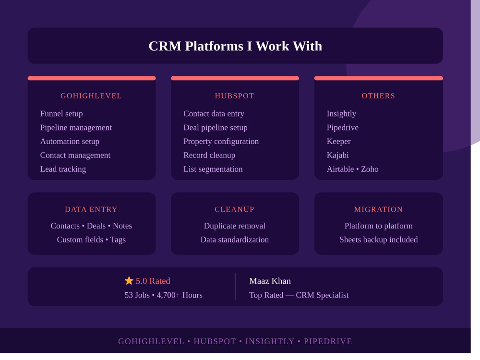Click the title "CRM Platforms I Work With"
click(x=235, y=46)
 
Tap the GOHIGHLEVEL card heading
click(x=91, y=96)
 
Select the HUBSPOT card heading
click(x=235, y=96)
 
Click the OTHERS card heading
click(x=378, y=96)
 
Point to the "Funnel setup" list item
click(x=61, y=114)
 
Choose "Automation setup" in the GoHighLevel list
click(x=70, y=142)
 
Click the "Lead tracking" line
click(x=63, y=169)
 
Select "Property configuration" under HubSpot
click(x=221, y=142)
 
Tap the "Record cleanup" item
click(x=209, y=155)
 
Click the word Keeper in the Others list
click(x=338, y=142)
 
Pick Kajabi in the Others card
click(x=337, y=155)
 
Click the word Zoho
click(x=370, y=169)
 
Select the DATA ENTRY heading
click(x=91, y=209)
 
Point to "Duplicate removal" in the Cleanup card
click(x=235, y=226)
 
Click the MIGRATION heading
click(x=378, y=209)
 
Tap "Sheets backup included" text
click(x=378, y=240)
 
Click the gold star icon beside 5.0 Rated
click(x=129, y=281)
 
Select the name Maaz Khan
click(x=270, y=281)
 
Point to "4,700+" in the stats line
click(x=168, y=295)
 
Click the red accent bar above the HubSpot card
click(x=235, y=78)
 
